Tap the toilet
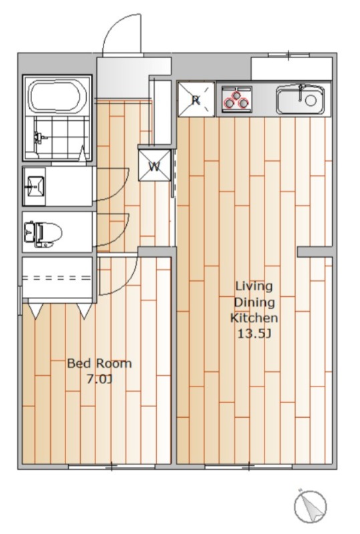point(43,234)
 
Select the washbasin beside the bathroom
point(35,187)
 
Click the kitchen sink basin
point(301,99)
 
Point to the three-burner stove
point(236,98)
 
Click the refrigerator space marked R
point(196,99)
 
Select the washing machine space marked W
point(154,166)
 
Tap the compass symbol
point(310,507)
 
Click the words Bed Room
point(100,363)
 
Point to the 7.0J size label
point(100,379)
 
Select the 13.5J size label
point(254,334)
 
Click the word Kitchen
point(254,318)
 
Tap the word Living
point(254,286)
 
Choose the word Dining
point(254,302)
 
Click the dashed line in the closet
point(57,278)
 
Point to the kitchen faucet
point(301,92)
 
